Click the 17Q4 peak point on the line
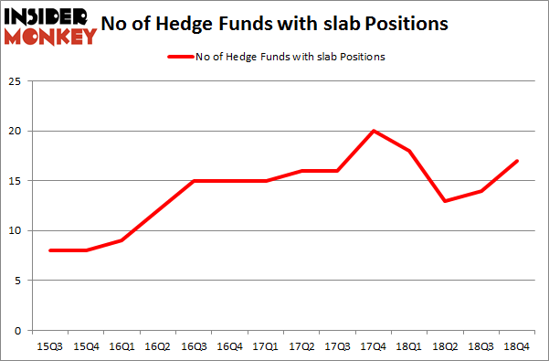pyautogui.click(x=374, y=131)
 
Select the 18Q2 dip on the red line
pyautogui.click(x=445, y=201)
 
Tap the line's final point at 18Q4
pyautogui.click(x=517, y=161)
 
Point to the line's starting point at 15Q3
pyautogui.click(x=50, y=250)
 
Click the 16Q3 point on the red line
pyautogui.click(x=194, y=181)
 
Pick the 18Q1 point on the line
pyautogui.click(x=409, y=151)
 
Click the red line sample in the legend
pyautogui.click(x=179, y=57)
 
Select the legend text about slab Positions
pyautogui.click(x=290, y=57)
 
